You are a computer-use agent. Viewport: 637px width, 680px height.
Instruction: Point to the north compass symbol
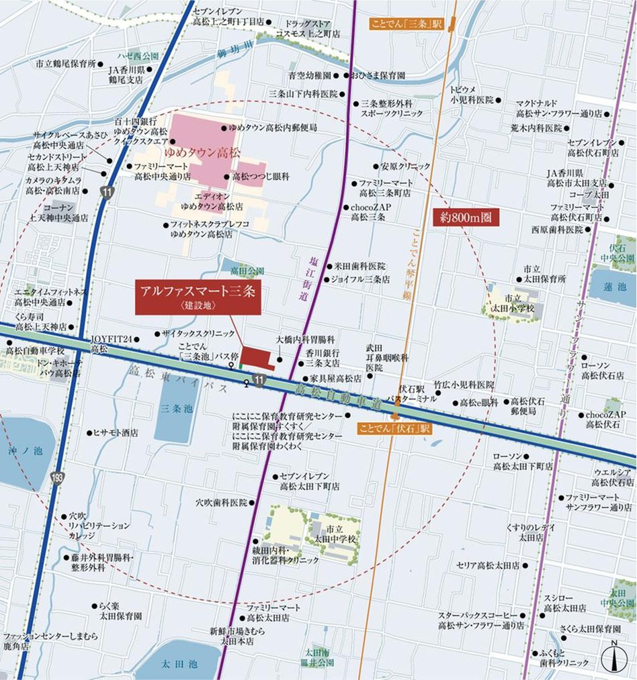click(613, 657)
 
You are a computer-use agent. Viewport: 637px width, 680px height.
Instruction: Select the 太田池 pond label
click(179, 664)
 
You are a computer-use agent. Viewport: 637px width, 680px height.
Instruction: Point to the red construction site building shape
click(257, 358)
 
